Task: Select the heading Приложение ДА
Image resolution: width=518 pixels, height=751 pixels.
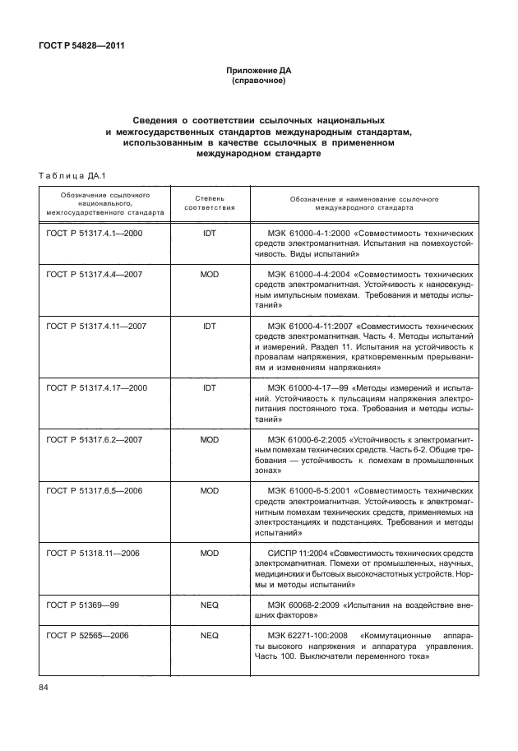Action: tap(259, 72)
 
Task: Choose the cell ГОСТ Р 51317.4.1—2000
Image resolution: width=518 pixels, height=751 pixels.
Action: tap(95, 234)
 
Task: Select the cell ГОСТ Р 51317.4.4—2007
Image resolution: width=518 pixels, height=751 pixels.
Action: tap(95, 274)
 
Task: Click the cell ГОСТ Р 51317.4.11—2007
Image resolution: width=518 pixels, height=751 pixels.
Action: tap(96, 326)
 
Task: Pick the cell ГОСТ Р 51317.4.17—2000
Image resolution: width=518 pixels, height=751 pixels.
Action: tap(96, 387)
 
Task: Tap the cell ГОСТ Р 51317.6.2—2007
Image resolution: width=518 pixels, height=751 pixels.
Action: tap(95, 440)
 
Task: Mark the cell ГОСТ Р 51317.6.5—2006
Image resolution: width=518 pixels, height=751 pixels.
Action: tap(95, 490)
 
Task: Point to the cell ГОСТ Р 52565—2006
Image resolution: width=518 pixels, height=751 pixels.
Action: tap(87, 636)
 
